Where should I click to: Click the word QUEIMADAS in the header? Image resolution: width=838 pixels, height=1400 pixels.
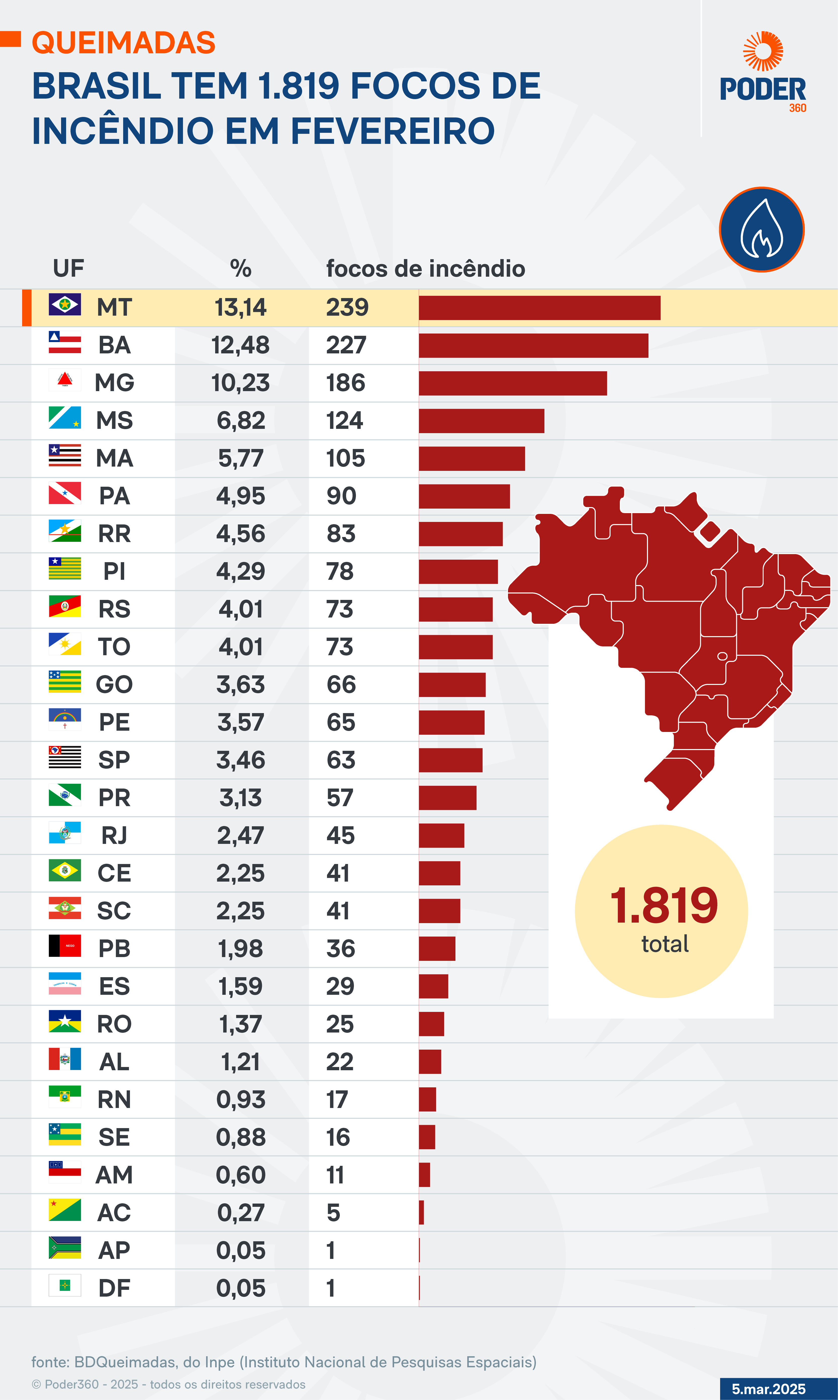tap(124, 43)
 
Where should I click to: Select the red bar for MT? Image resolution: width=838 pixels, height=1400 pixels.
tap(539, 308)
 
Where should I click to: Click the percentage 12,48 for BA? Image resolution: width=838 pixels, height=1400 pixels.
tap(241, 345)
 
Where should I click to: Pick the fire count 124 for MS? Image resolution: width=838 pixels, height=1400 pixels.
tap(344, 421)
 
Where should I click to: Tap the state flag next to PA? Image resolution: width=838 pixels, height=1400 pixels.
tap(65, 493)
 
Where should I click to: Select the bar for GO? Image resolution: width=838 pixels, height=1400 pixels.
tap(452, 685)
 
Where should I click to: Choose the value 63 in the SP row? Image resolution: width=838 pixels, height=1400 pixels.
tap(341, 760)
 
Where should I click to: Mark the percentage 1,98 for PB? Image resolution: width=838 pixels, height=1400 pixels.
tap(241, 949)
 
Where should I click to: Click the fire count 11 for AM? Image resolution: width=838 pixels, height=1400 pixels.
tap(335, 1175)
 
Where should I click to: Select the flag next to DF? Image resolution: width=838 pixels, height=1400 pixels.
tap(65, 1285)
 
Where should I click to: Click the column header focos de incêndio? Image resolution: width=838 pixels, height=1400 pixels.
tap(425, 269)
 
